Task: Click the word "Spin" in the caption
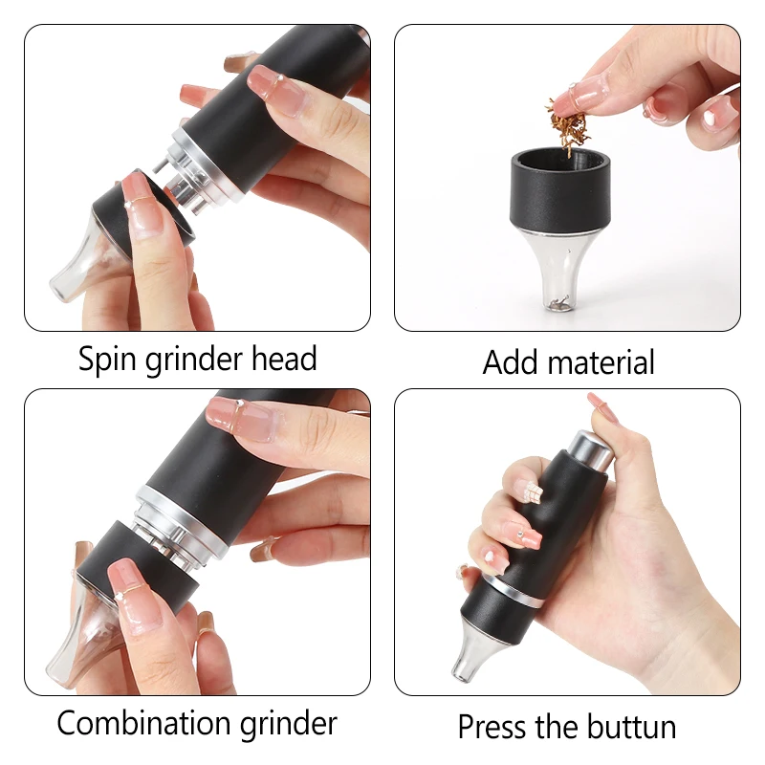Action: coord(106,361)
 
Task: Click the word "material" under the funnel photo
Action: coord(601,362)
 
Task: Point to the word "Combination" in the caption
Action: coord(143,723)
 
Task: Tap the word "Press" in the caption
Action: coord(492,727)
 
